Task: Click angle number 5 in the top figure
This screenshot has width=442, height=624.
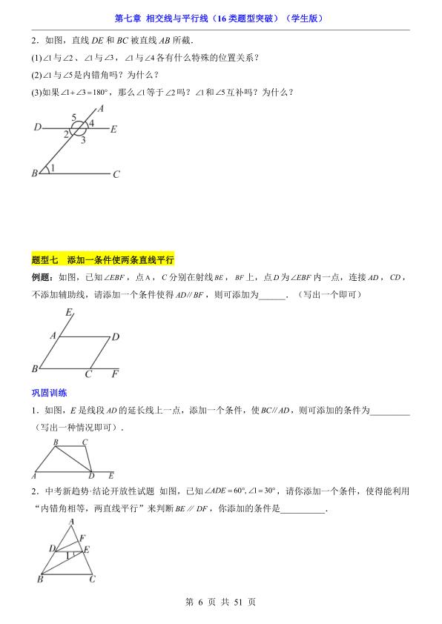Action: click(74, 117)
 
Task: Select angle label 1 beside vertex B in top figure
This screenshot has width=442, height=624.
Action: click(53, 169)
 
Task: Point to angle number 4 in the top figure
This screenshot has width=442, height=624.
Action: click(91, 122)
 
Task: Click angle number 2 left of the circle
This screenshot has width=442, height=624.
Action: click(66, 133)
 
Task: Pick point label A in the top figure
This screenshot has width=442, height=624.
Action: click(100, 108)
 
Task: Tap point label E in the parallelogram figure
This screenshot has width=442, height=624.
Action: click(68, 313)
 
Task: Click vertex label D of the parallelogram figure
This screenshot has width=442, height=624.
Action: click(115, 337)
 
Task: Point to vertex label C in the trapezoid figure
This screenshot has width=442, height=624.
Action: click(85, 442)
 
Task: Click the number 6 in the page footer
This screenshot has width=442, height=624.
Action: click(201, 603)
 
